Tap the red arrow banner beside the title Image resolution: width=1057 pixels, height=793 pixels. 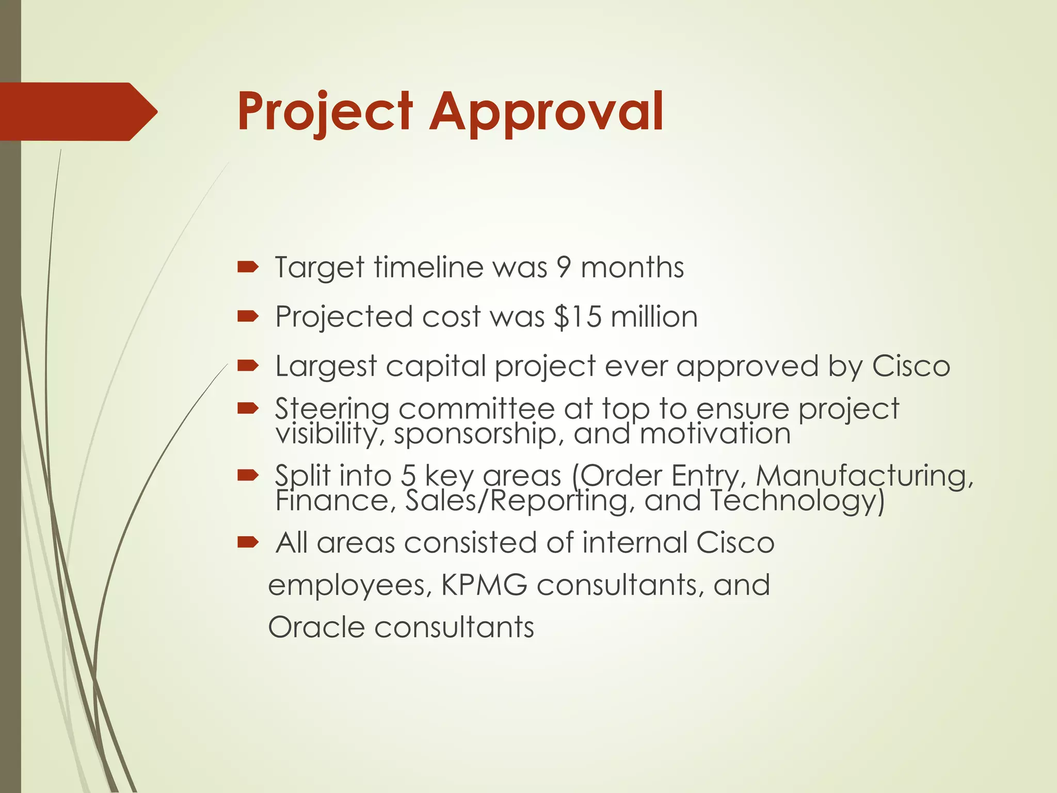click(x=77, y=112)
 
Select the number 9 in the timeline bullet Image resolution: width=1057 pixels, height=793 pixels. click(x=564, y=267)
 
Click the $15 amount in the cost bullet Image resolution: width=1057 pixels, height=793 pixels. click(x=578, y=316)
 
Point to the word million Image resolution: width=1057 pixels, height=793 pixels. click(x=654, y=316)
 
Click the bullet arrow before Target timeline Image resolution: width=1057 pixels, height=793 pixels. click(x=247, y=267)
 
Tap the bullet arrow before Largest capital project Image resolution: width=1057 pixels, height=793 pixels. click(x=247, y=366)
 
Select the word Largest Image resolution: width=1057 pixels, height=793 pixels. click(x=326, y=367)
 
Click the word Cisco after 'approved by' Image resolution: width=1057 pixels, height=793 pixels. click(x=911, y=366)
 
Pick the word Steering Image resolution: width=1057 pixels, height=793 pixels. click(x=332, y=409)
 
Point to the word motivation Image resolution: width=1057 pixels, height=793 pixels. click(x=715, y=433)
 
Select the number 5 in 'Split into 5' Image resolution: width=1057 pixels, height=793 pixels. click(x=408, y=475)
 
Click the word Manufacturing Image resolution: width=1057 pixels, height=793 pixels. click(x=864, y=475)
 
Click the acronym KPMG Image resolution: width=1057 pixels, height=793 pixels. click(x=484, y=585)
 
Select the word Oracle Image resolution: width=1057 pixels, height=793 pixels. click(x=316, y=627)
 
